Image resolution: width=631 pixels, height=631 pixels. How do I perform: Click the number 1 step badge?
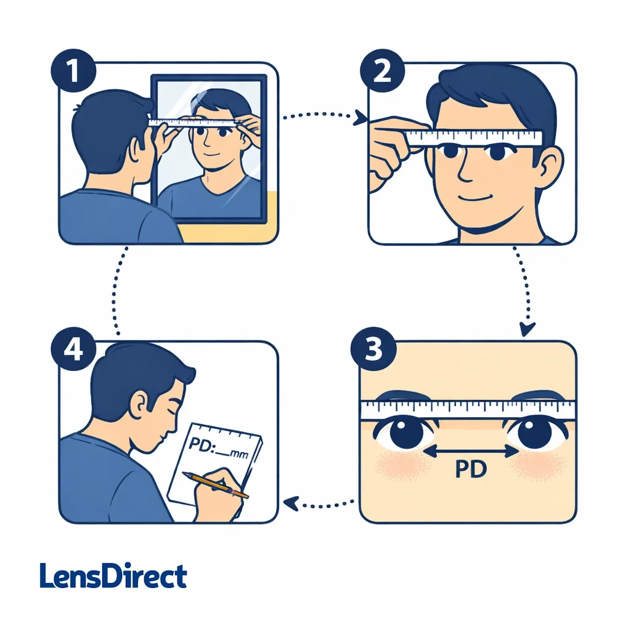click(73, 72)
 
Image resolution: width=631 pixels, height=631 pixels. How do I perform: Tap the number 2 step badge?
click(382, 72)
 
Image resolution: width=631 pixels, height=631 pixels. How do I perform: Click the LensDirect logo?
click(113, 576)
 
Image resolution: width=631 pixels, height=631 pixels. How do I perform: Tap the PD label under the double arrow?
click(471, 470)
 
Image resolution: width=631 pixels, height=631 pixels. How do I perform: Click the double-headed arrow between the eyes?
click(471, 452)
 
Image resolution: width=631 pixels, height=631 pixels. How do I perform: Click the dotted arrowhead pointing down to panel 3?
click(526, 330)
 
